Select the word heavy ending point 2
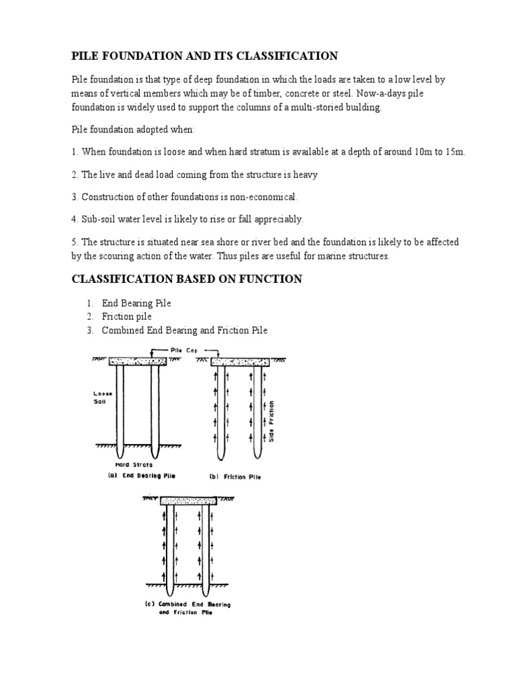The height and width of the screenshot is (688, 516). click(303, 174)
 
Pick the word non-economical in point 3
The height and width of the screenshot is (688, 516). click(263, 197)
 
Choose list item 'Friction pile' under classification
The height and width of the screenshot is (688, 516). click(126, 316)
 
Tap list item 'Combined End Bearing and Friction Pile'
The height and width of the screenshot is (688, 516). click(184, 330)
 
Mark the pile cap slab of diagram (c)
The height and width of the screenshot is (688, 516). click(187, 501)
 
